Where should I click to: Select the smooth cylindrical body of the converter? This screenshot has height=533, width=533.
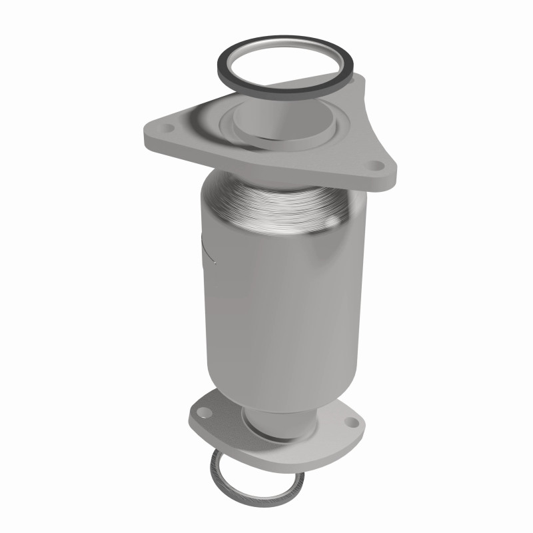pos(266,300)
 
